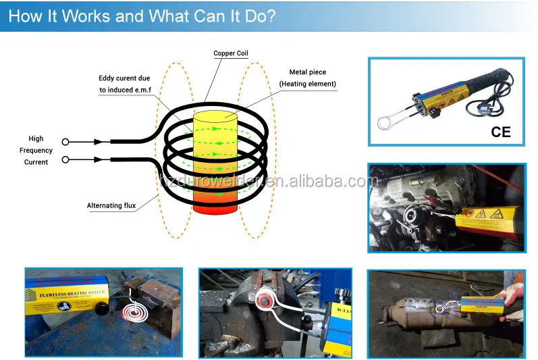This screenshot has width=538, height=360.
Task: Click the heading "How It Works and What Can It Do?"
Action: (142, 16)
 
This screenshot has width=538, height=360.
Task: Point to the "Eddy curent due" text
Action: (124, 78)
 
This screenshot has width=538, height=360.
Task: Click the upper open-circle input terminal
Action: (65, 142)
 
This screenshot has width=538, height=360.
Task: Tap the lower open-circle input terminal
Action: (65, 160)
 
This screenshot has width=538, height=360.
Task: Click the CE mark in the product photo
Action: (501, 132)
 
